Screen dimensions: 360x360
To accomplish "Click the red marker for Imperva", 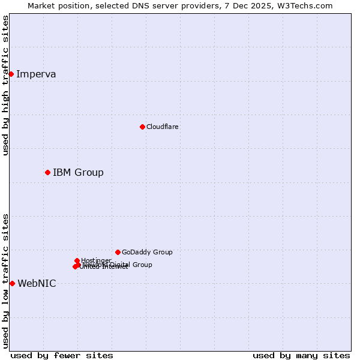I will coord(11,74).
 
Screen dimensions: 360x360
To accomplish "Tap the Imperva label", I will coord(36,74).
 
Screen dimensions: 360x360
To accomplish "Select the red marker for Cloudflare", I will coord(142,127).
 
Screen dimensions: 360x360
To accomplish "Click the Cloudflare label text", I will coord(162,127).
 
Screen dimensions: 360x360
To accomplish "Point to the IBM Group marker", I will coord(47,172).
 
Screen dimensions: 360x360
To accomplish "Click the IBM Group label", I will coord(78,173).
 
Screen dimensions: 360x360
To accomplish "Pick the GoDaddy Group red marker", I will coord(118,252).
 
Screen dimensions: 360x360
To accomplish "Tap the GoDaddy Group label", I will coord(147,252).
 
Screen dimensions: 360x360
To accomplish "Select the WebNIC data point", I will coord(12,283).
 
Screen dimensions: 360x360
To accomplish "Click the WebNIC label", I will coord(37,284).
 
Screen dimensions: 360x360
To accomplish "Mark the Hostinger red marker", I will coord(77,260).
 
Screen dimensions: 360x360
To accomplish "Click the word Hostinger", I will coord(96,260).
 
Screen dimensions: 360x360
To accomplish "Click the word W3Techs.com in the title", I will coord(307,5).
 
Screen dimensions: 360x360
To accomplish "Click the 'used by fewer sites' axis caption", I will coord(62,355).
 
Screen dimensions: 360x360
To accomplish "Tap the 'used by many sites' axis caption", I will coord(301,355).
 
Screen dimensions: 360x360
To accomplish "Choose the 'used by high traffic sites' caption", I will coord(5,85).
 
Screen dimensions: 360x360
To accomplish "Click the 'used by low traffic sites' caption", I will coord(5,280).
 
